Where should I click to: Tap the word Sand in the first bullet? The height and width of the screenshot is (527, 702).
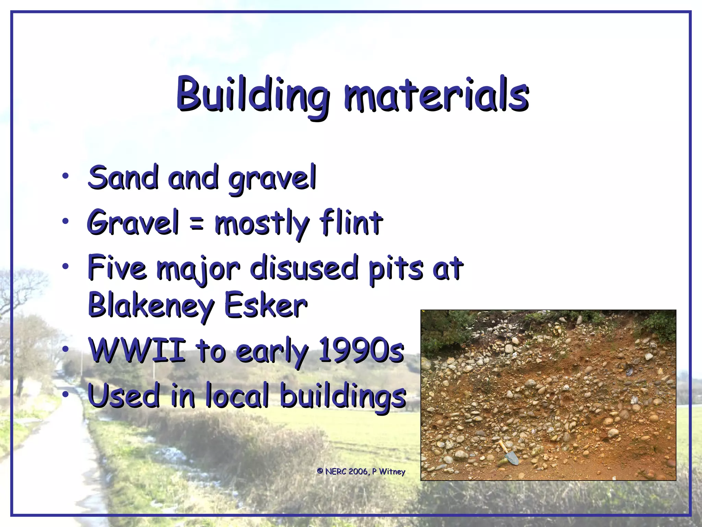pos(123,177)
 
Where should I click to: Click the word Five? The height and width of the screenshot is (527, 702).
pos(117,267)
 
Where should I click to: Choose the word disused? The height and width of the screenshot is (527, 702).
pos(304,267)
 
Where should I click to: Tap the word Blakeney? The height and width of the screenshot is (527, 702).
pos(151,305)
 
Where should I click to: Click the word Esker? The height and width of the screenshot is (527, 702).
pos(266,305)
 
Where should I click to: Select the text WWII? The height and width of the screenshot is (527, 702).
pos(137,350)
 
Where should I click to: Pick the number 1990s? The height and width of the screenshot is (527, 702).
pos(361,350)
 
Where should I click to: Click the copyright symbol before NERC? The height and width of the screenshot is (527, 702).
pos(320,471)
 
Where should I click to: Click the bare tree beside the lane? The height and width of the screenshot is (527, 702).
pos(17,302)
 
